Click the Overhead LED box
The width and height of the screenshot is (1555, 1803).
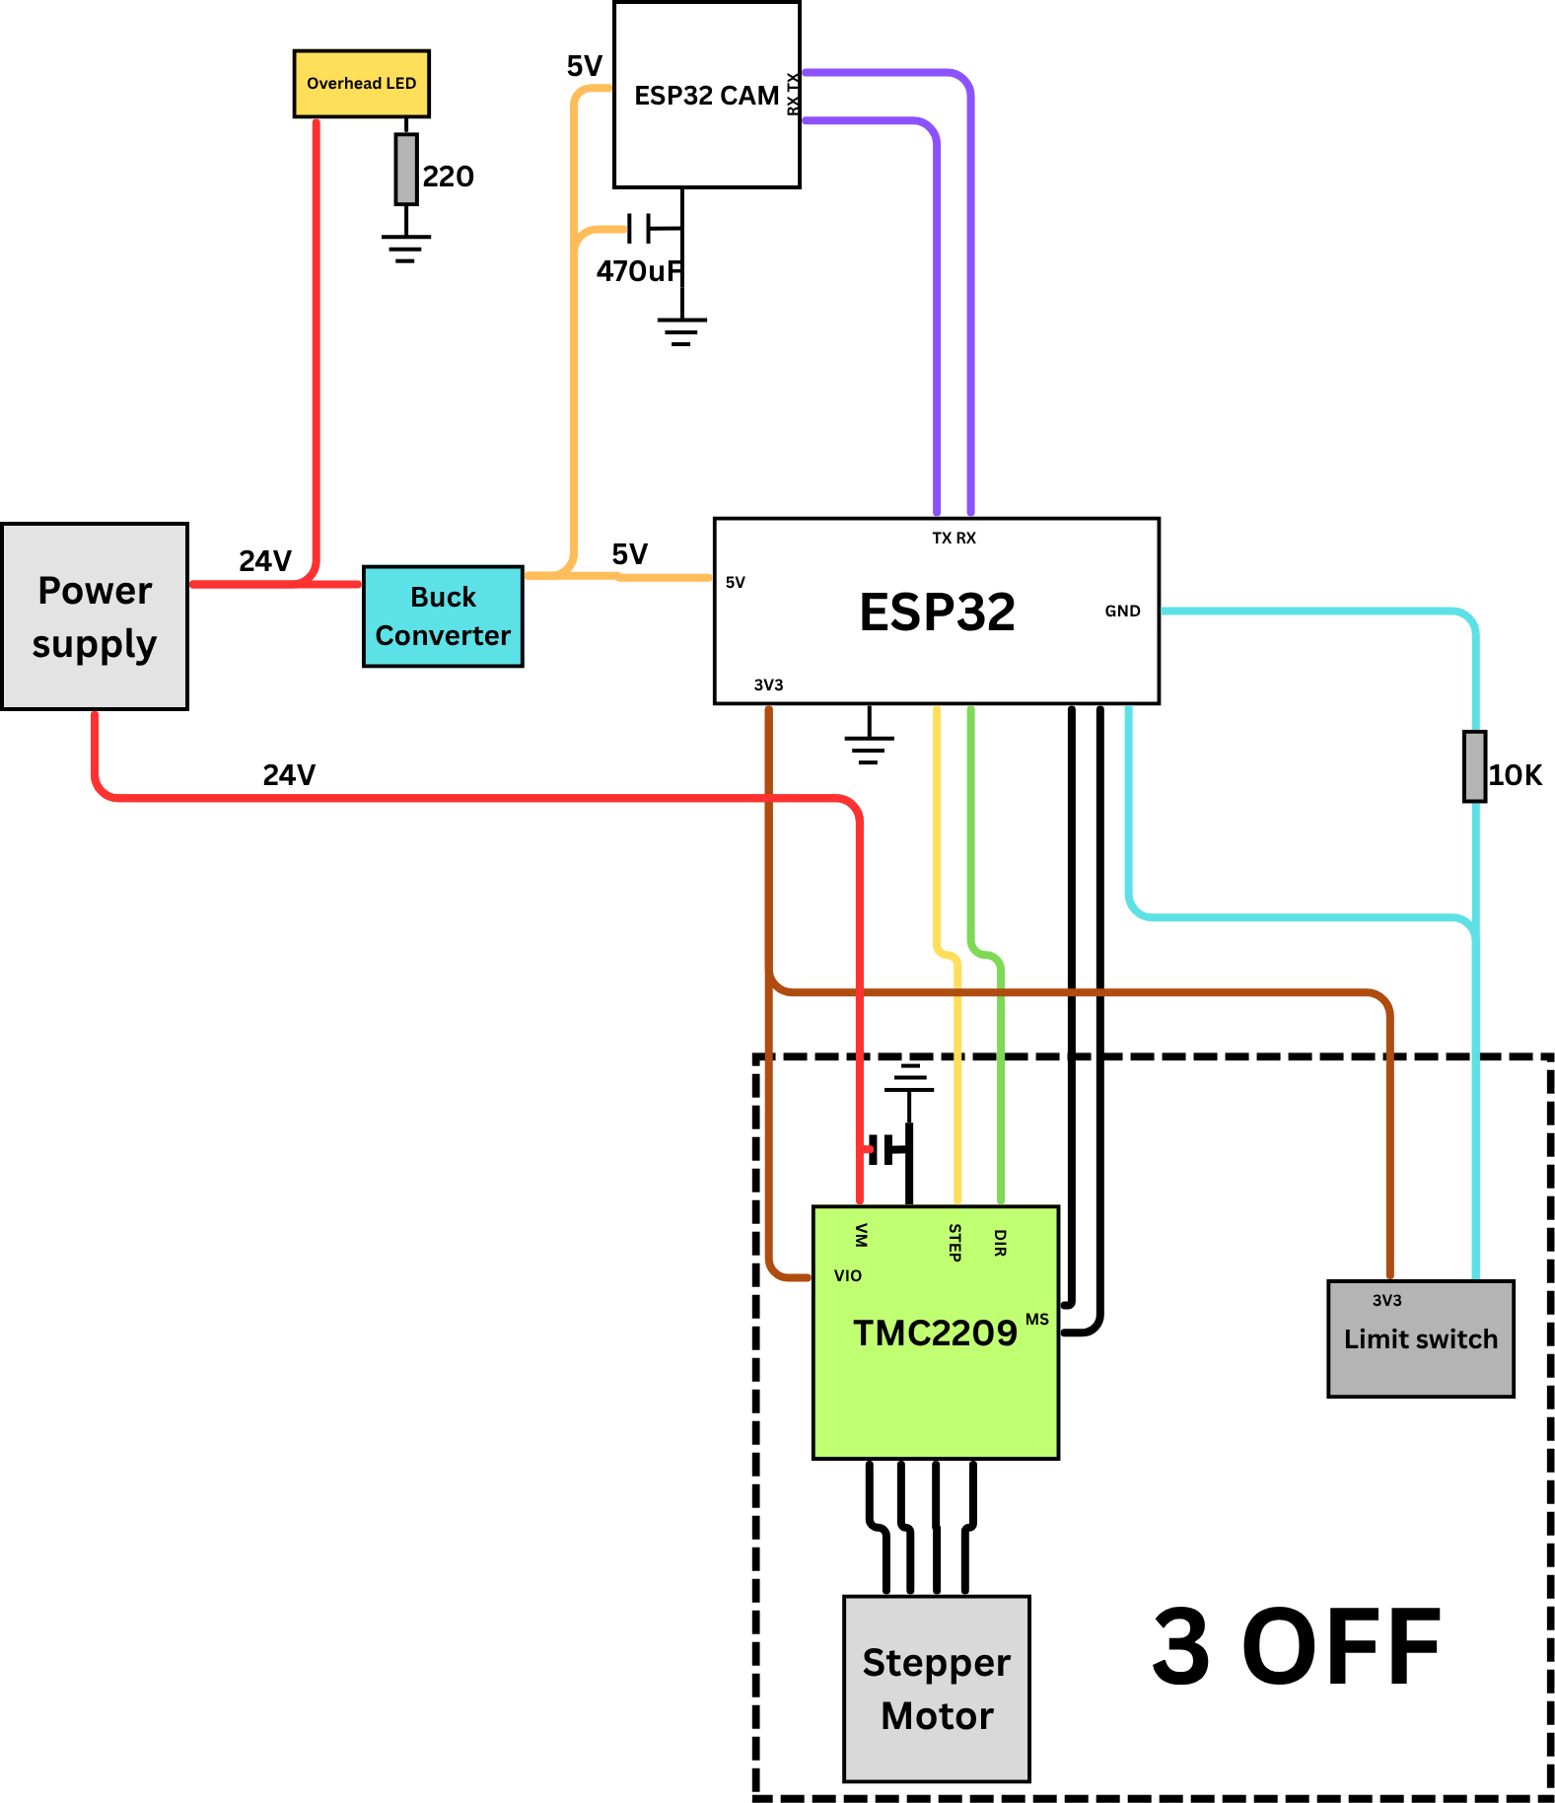pos(361,84)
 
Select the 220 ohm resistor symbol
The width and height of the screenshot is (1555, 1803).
pos(405,169)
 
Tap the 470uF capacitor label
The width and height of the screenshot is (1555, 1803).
pos(638,271)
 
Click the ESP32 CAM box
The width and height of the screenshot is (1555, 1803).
pos(706,96)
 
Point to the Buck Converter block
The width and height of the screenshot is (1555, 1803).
pos(443,616)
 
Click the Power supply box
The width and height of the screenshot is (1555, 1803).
pos(95,616)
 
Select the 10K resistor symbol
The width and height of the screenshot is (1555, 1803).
pos(1474,766)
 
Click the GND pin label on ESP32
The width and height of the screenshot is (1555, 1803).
pos(1122,612)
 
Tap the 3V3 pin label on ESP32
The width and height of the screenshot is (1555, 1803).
pos(768,685)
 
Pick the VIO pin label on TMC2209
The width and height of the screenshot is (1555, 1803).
pos(847,1275)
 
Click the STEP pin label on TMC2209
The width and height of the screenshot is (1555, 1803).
pos(954,1243)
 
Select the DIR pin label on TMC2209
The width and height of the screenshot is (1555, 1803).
pos(1000,1243)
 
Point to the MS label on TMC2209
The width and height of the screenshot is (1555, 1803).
pos(1036,1320)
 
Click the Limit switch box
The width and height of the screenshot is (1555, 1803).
pos(1420,1338)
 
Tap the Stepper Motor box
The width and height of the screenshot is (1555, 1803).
pos(936,1689)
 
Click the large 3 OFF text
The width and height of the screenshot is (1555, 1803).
pos(1297,1647)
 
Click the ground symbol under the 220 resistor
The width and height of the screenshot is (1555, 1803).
pos(405,247)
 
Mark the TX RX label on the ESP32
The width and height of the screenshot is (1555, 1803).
pos(954,539)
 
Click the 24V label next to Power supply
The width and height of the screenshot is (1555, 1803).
pos(265,561)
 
